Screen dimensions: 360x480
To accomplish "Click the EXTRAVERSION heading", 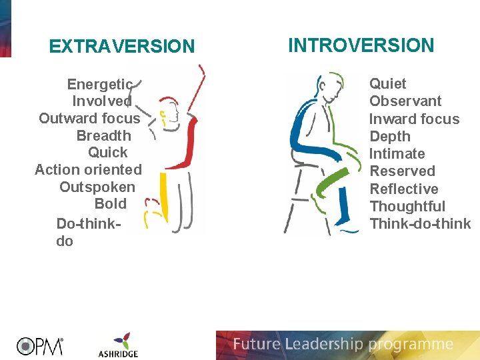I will [x=122, y=47].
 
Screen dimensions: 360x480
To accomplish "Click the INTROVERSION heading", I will [x=361, y=45].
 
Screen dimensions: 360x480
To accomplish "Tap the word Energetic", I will [x=100, y=84].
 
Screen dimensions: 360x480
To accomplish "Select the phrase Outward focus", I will [x=89, y=119].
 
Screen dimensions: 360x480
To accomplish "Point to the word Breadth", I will [x=104, y=135].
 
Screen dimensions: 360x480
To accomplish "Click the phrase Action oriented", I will [x=88, y=170].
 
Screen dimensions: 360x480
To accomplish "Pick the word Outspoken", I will [x=97, y=187].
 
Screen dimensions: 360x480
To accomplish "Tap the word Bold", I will [x=111, y=204].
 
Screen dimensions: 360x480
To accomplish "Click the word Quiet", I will [x=387, y=84].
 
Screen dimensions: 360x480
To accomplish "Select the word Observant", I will [x=405, y=101].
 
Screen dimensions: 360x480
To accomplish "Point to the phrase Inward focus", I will [x=414, y=119].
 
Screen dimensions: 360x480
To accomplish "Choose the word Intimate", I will [x=397, y=154].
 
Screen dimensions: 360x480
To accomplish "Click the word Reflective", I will [x=404, y=189].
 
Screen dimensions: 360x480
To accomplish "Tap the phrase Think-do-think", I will [x=420, y=224].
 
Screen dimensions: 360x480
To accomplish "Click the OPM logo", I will [x=40, y=345].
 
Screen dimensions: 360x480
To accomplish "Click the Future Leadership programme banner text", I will [x=343, y=345].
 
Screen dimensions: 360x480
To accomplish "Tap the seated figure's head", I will [x=326, y=85].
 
